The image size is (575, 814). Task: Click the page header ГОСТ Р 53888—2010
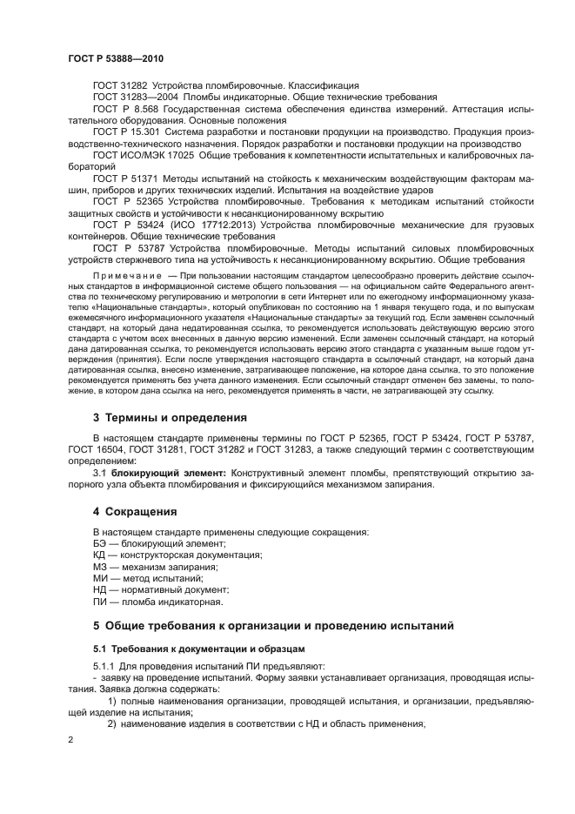115,58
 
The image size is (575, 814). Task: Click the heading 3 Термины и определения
170,417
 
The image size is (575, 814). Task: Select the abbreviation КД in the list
98,555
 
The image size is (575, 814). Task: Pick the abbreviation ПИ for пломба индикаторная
98,601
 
